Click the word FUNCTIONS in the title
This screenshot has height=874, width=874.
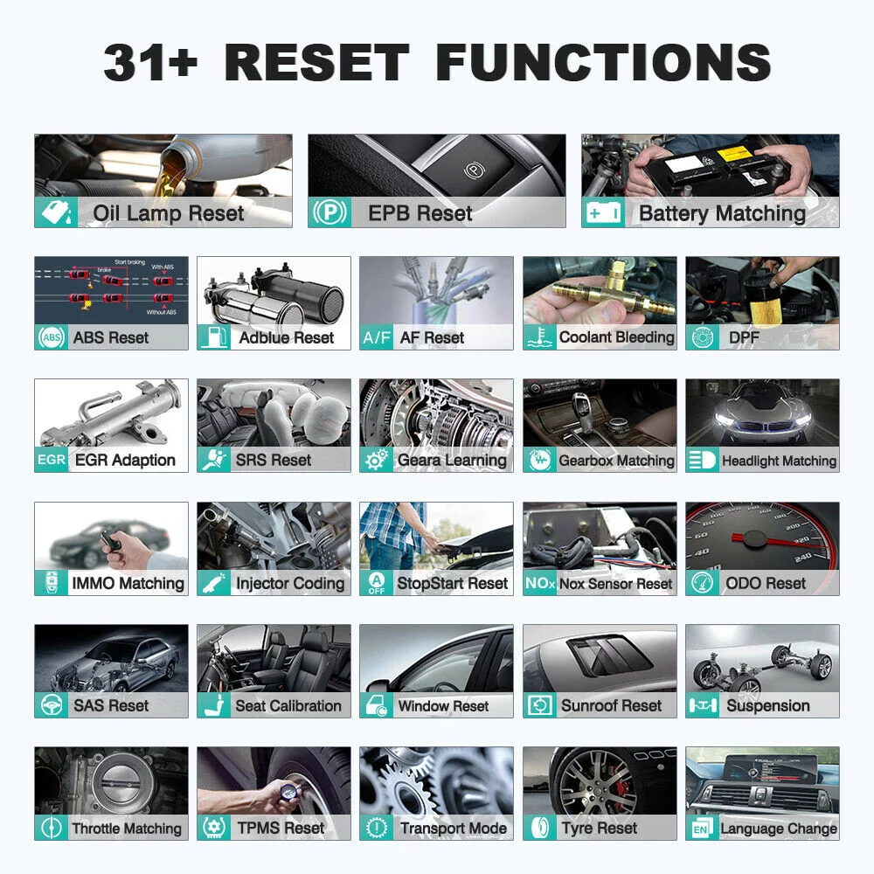[603, 62]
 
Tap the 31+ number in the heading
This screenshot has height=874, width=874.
[150, 62]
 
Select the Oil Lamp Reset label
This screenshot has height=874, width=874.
[169, 213]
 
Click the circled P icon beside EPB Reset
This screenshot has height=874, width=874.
[329, 213]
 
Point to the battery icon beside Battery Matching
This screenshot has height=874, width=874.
[603, 213]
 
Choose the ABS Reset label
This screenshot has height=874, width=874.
[111, 337]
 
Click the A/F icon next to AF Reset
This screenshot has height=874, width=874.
[377, 337]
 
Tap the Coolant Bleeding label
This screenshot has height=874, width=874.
[617, 337]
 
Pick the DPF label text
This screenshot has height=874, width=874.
[744, 337]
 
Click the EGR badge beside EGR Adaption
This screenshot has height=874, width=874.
[52, 460]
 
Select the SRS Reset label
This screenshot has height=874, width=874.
[274, 460]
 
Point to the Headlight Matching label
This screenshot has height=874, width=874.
[779, 461]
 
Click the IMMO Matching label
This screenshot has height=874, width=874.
[128, 583]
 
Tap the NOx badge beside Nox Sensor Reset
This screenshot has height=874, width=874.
[539, 583]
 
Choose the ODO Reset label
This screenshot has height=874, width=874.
[766, 583]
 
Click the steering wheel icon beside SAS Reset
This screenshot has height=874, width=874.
[52, 705]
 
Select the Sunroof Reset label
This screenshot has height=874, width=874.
[612, 705]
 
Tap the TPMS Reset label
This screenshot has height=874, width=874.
[280, 828]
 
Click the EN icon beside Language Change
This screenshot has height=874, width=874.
[701, 829]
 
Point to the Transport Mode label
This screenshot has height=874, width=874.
[454, 828]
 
